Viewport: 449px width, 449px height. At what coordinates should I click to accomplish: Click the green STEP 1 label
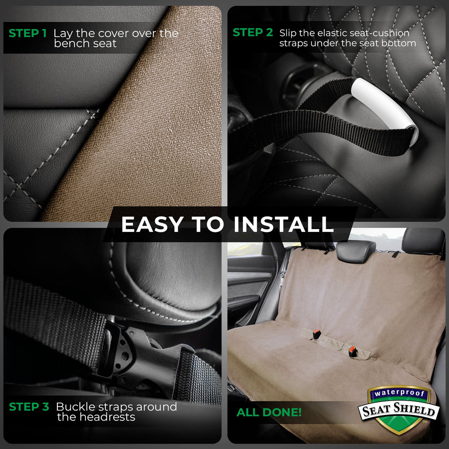coord(27,33)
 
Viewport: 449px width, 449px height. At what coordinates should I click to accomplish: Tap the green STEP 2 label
coord(253,32)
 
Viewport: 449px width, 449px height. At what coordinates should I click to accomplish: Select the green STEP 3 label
coord(29,407)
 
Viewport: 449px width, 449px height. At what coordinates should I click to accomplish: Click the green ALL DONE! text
coord(269,413)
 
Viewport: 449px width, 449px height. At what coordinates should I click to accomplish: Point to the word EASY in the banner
coord(152,224)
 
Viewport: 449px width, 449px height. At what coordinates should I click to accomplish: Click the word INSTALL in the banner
coord(283,224)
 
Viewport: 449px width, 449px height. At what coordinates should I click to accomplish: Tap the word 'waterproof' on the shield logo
coord(399,393)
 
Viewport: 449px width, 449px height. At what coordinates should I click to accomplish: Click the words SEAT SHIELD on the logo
coord(399,410)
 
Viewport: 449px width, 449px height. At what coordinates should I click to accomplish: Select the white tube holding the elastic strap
coord(385,110)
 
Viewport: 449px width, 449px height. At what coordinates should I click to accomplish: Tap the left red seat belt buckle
coord(316,334)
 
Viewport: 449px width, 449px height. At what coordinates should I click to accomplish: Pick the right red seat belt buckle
coord(352,351)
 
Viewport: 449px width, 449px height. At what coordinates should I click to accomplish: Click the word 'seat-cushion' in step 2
coord(383,33)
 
